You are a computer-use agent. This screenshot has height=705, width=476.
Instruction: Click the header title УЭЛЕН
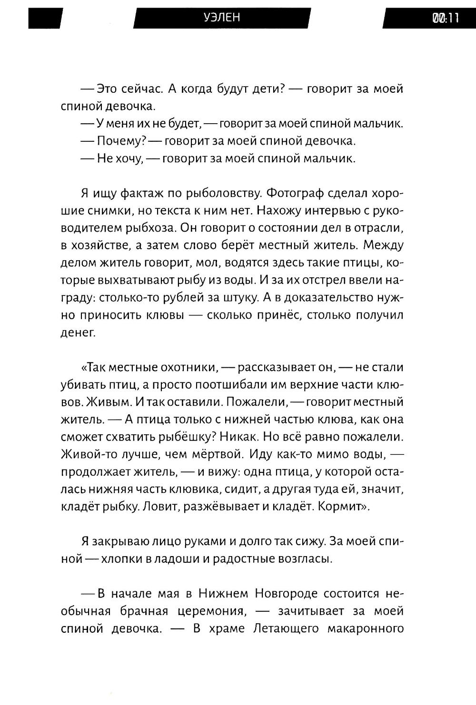pyautogui.click(x=222, y=18)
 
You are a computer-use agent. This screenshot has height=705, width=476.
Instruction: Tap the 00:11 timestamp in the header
pyautogui.click(x=445, y=18)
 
